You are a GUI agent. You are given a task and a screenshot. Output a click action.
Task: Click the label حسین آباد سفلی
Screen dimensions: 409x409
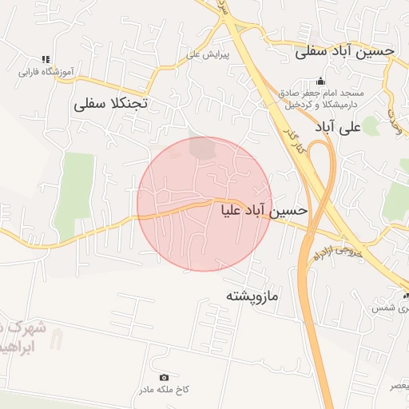[345, 51]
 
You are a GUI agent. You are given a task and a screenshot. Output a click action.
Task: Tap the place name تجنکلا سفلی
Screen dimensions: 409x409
[112, 104]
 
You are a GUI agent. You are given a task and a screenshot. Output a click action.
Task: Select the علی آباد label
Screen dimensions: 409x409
[340, 126]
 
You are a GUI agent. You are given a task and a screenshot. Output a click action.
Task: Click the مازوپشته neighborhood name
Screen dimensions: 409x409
[252, 296]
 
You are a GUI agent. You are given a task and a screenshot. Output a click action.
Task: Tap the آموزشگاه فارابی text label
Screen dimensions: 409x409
[46, 71]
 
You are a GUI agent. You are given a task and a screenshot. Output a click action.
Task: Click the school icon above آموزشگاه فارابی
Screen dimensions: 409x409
[46, 59]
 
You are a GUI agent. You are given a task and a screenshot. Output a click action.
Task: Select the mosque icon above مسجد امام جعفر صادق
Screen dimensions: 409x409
[321, 81]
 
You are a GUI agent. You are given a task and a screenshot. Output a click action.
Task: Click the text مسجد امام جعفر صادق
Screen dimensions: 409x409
[323, 93]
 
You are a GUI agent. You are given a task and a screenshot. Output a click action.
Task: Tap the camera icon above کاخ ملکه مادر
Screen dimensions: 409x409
[165, 377]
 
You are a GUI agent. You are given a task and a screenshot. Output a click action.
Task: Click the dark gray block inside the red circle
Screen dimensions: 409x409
[203, 148]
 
